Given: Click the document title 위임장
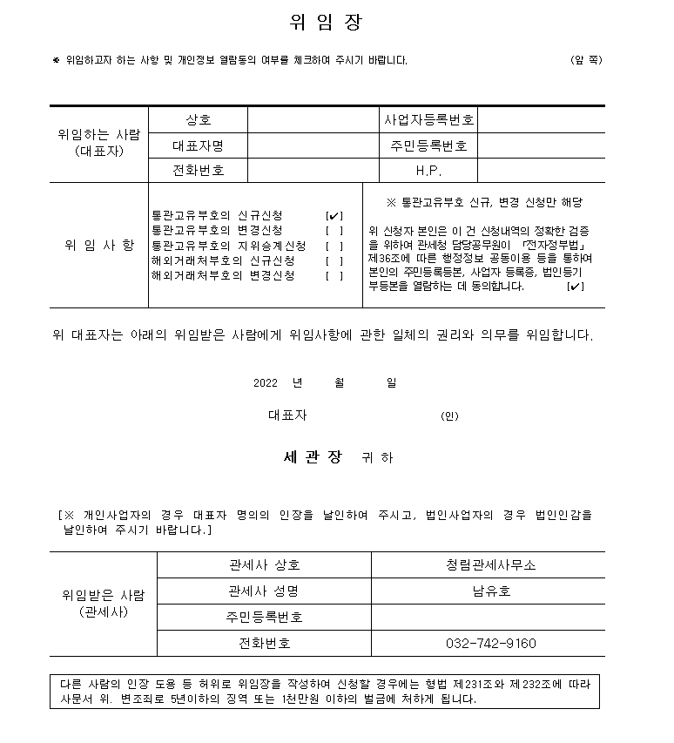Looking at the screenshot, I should click(x=325, y=23).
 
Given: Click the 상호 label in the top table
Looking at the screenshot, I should click(x=199, y=119).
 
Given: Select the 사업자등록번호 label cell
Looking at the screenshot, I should click(x=428, y=119).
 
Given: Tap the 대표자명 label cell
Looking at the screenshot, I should click(x=199, y=145).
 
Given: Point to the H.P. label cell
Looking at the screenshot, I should click(x=428, y=171).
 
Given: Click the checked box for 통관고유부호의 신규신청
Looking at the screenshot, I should click(x=334, y=215).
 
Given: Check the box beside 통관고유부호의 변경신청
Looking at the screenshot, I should click(x=334, y=230).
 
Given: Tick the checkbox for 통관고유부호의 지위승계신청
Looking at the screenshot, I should click(x=334, y=246).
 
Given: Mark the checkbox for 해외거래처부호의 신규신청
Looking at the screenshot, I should click(x=334, y=260).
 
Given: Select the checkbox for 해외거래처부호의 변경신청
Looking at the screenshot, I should click(x=334, y=276).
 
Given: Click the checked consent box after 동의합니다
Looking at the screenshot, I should click(x=575, y=287).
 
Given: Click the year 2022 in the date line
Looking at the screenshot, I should click(x=266, y=383).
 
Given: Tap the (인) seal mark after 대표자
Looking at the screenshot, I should click(x=449, y=416).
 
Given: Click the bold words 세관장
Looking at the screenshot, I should click(x=313, y=456).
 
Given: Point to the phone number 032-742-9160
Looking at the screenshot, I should click(x=490, y=644).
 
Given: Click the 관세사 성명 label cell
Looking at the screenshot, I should click(x=263, y=591).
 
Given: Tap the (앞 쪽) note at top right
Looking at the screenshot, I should click(x=586, y=60).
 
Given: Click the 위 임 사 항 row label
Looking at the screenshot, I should click(x=99, y=245).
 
